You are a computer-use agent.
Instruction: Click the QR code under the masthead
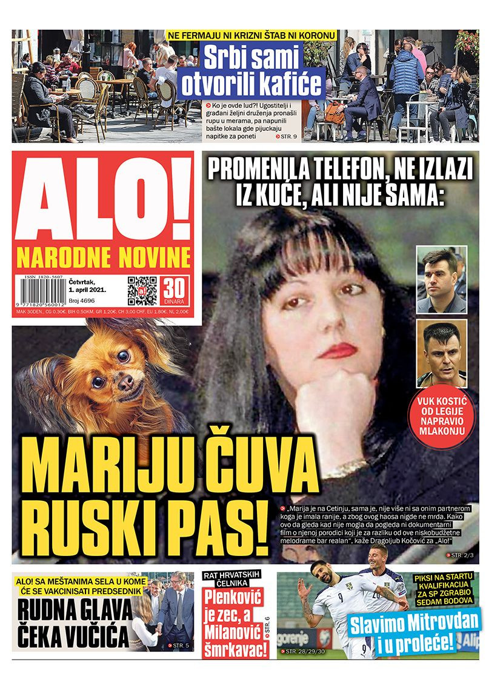[142, 290]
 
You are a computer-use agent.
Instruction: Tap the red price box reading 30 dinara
[175, 291]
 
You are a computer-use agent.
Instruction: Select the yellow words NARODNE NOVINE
[103, 258]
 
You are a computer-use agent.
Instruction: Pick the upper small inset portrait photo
[442, 279]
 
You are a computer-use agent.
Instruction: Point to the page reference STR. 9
[286, 137]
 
